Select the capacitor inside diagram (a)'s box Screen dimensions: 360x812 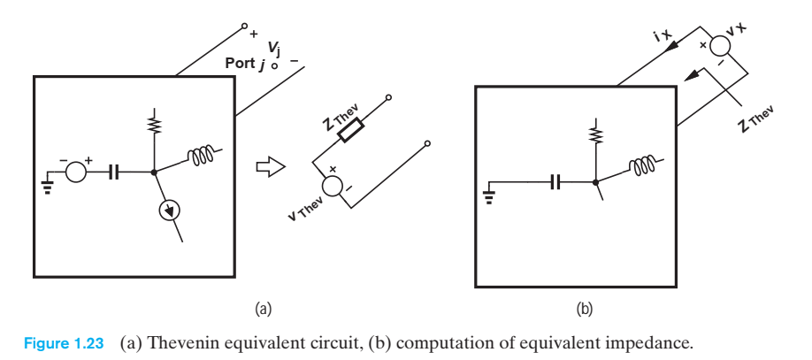pos(114,172)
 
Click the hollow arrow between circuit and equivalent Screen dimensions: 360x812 pos(263,166)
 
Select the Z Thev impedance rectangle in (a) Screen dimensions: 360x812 pos(352,133)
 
